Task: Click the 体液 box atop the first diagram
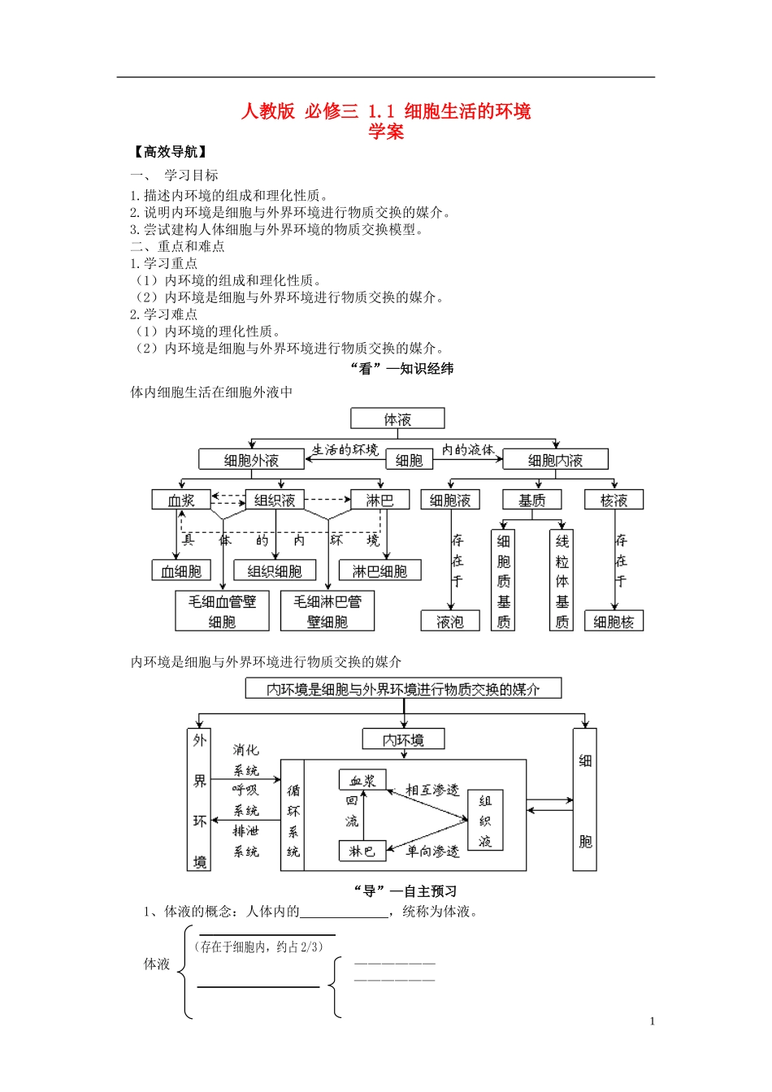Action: click(x=397, y=418)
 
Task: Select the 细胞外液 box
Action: click(x=251, y=460)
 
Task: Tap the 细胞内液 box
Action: click(x=555, y=460)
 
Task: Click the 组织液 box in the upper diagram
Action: click(x=275, y=500)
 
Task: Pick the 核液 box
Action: click(x=614, y=500)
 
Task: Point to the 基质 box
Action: click(x=532, y=500)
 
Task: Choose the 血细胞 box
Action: click(x=180, y=570)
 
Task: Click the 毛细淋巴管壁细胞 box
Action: click(x=327, y=611)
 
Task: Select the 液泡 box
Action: click(x=450, y=622)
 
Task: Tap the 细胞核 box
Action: click(x=614, y=622)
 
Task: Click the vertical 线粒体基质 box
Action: click(x=562, y=580)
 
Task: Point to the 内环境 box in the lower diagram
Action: click(x=404, y=739)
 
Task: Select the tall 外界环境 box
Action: click(x=199, y=799)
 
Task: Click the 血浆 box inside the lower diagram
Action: click(x=362, y=780)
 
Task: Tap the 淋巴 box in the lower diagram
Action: click(x=362, y=851)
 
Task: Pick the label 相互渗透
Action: click(x=432, y=790)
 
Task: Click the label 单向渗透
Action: click(x=432, y=851)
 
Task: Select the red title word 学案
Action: click(x=386, y=132)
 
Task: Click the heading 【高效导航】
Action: click(x=169, y=151)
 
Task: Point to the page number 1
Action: click(x=652, y=1021)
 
